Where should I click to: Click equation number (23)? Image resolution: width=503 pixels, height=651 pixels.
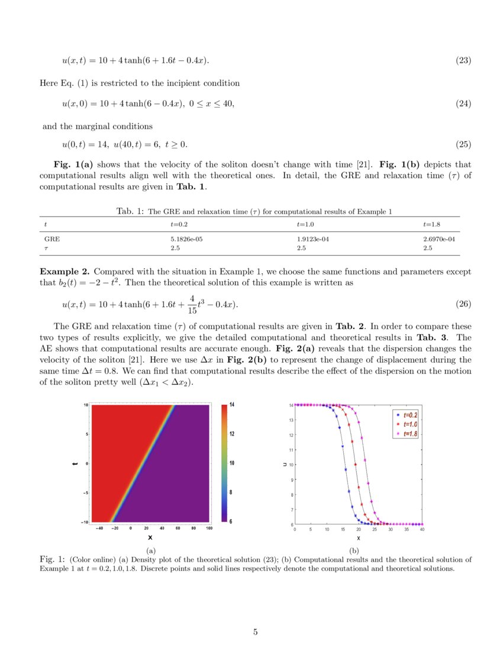(x=463, y=60)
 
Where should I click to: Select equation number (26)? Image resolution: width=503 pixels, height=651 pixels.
(x=463, y=304)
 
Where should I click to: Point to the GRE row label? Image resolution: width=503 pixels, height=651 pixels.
(x=52, y=239)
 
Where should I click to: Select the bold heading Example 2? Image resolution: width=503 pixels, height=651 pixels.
(x=65, y=272)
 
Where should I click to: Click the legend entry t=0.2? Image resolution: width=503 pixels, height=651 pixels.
(x=410, y=415)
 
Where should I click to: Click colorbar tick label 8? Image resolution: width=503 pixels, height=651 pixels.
(x=232, y=492)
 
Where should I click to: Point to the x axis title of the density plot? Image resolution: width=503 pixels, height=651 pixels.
(x=150, y=537)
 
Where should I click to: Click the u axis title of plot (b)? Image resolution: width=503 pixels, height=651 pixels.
(x=285, y=465)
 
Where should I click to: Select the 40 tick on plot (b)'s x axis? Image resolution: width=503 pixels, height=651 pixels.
(x=422, y=530)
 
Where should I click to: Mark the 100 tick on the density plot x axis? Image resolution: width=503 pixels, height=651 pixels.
(x=209, y=528)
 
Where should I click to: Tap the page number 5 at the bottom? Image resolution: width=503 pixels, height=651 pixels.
(x=255, y=632)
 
